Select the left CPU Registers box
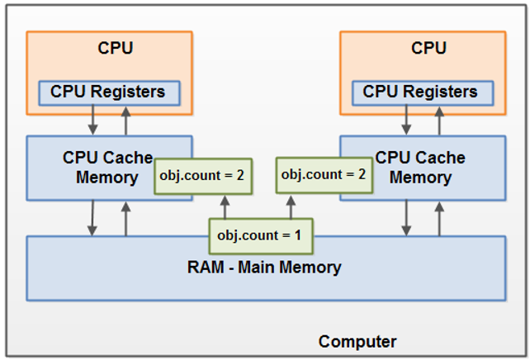point(108,92)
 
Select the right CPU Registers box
point(420,92)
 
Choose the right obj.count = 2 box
point(324,175)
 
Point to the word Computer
point(357,342)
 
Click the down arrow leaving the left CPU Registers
point(93,120)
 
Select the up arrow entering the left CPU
point(125,120)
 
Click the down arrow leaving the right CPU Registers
point(406,120)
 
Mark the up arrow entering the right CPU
point(438,120)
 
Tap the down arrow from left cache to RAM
point(93,219)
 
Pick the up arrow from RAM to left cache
point(125,219)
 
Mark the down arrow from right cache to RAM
point(406,219)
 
